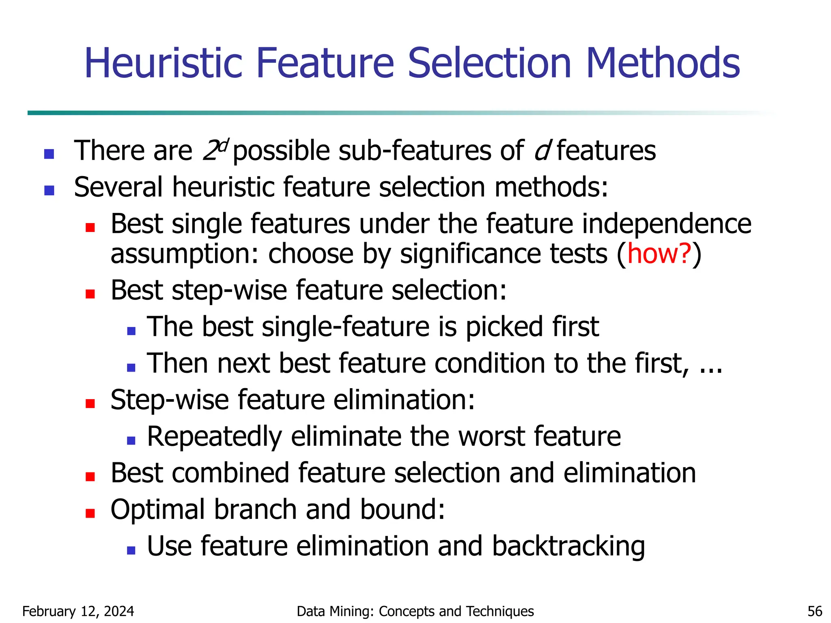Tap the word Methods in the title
pos(663,63)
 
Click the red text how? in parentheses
pos(659,254)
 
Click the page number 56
pos(815,611)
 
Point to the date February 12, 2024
pos(78,611)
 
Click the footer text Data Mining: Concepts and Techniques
pos(415,611)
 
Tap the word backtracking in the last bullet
pos(568,546)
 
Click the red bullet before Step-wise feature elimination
pos(90,404)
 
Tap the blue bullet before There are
pos(49,154)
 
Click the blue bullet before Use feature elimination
pos(131,550)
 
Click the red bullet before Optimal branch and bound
pos(90,513)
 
